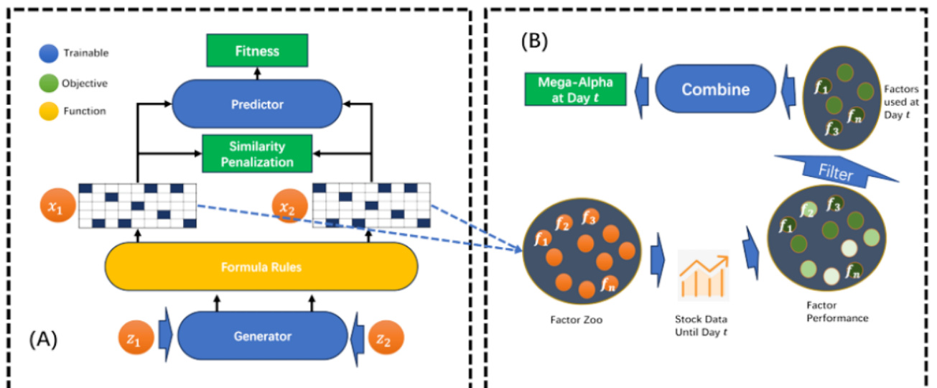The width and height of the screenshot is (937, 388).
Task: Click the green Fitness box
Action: [256, 51]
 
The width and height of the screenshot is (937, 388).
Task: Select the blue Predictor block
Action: [257, 104]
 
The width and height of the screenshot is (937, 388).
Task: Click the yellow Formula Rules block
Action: [261, 267]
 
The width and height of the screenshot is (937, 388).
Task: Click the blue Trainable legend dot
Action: [49, 53]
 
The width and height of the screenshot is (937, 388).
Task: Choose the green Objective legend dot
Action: [49, 83]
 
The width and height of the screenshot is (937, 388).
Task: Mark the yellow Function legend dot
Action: [49, 111]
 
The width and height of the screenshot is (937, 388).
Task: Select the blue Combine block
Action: [715, 90]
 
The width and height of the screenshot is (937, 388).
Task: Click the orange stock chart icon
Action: [703, 275]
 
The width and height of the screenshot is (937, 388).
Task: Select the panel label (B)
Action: [534, 42]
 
